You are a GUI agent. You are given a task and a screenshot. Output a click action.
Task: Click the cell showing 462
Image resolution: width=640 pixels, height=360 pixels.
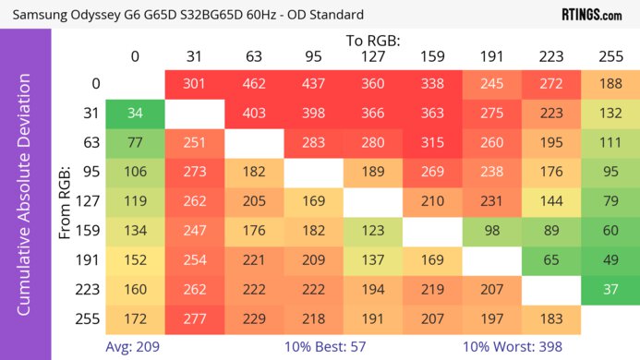coord(253,84)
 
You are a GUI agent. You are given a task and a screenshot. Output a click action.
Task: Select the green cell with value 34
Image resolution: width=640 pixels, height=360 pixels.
coord(135,114)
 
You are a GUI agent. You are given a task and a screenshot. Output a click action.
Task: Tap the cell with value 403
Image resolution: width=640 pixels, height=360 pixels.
coord(253,114)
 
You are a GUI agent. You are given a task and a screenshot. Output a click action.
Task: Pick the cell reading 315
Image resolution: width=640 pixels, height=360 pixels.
coord(432,143)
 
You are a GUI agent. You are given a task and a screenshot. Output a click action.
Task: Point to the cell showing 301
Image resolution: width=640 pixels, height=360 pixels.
coord(194,84)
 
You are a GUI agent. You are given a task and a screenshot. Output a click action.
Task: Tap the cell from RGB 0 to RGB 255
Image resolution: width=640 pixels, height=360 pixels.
coord(610,84)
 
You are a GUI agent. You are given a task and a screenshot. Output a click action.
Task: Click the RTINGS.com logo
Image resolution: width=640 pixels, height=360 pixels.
coord(591,15)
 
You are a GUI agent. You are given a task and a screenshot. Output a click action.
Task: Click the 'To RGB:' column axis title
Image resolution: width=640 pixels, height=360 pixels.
coord(372,41)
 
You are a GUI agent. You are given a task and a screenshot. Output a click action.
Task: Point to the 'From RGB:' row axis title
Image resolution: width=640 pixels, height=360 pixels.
coord(66,202)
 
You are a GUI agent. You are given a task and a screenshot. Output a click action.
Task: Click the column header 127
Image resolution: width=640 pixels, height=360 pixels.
coord(372,57)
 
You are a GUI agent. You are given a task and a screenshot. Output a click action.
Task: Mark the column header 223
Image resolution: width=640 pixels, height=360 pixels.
coord(550,57)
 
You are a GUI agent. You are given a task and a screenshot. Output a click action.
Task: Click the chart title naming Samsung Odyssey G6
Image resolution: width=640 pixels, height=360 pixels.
coord(185,15)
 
